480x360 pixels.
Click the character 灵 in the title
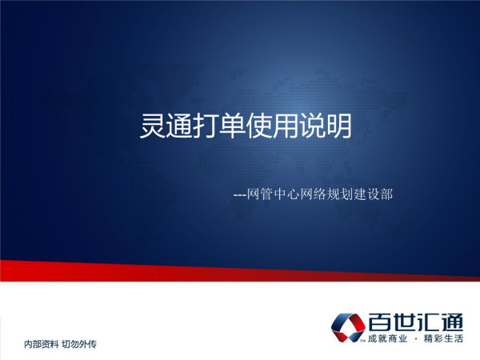coord(153,126)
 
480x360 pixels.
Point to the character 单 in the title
coord(232,126)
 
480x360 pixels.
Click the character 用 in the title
coord(286,126)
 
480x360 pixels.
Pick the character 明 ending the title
coord(339,126)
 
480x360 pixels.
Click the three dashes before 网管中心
coord(240,195)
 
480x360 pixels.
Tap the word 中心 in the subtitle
coord(287,194)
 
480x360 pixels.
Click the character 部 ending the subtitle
coord(386,194)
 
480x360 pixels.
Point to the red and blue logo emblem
coord(348,327)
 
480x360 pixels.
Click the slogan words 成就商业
coord(388,338)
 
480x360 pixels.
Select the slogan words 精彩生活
coord(443,338)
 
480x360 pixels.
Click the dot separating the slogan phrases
coord(416,339)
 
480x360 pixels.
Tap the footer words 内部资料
coord(42,344)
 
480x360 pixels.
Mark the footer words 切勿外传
coord(79,344)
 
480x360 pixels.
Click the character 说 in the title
coord(312,126)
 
